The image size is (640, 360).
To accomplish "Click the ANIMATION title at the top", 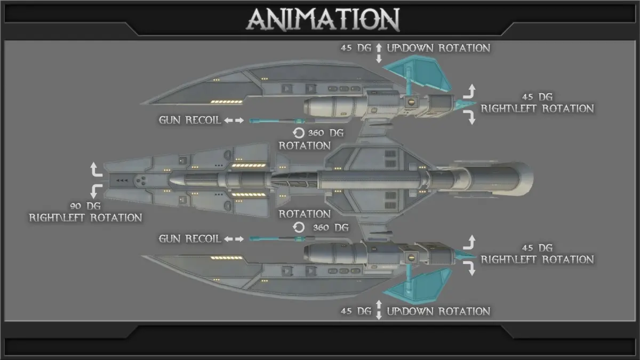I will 323,20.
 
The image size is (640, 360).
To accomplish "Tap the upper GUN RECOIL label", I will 189,120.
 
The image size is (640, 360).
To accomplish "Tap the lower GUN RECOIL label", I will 189,238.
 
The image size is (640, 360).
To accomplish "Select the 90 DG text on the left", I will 85,206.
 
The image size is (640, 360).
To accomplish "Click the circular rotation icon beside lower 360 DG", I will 299,228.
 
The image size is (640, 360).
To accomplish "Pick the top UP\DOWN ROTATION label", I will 438,48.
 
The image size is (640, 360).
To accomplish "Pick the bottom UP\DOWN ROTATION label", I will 438,311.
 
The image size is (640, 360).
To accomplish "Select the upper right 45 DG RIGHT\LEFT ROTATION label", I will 537,103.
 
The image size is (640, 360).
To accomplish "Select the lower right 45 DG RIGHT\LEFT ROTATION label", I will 537,254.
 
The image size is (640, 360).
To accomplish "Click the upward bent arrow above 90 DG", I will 97,170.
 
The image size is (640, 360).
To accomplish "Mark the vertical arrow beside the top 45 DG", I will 379,53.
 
